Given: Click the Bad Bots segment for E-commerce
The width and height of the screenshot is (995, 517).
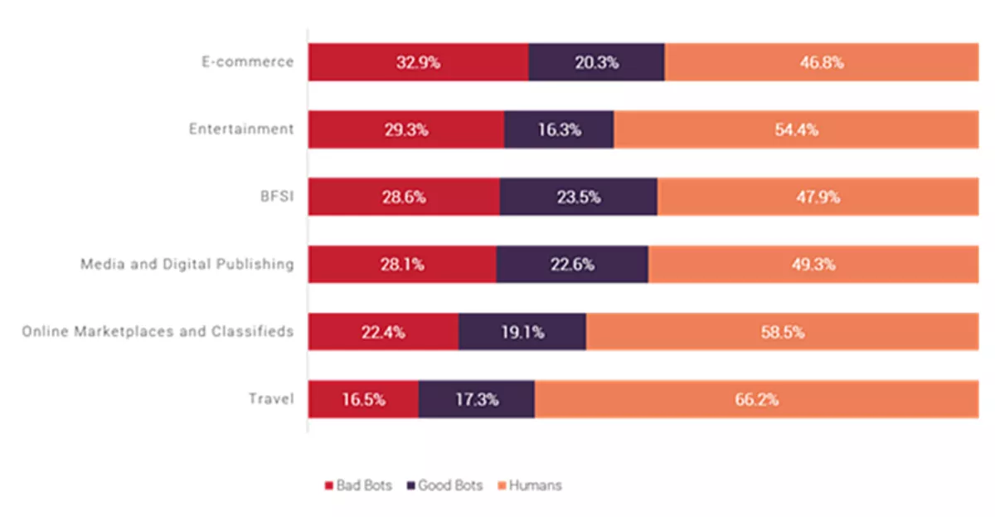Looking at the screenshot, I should [x=418, y=62].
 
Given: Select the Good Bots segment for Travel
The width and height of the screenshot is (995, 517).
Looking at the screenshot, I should [x=476, y=399].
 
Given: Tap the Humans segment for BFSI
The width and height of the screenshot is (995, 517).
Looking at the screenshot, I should [x=818, y=198].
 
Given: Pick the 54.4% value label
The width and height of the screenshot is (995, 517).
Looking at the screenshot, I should [x=797, y=129].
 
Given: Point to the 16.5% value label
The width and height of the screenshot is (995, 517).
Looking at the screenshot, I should [x=363, y=399].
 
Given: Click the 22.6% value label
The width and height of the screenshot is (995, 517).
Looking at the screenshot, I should [x=572, y=265].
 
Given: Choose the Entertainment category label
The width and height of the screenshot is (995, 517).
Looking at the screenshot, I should [x=241, y=129].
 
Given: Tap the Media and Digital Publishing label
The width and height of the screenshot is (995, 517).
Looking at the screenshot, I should [x=187, y=265].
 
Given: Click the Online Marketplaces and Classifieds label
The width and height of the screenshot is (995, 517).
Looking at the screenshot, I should [x=158, y=332].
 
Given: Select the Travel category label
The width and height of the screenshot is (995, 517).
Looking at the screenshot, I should [x=271, y=399].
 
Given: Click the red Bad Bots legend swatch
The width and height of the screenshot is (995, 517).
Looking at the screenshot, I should [x=328, y=485].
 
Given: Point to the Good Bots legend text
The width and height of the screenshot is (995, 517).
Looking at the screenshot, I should [x=450, y=485].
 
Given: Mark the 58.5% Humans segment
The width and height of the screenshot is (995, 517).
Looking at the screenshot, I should [x=782, y=332].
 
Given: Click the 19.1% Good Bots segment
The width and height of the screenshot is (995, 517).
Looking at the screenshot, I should [x=522, y=332].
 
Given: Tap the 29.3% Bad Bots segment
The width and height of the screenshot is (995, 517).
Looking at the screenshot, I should [x=406, y=129].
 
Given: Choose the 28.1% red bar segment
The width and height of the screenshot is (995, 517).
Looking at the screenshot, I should [x=402, y=265].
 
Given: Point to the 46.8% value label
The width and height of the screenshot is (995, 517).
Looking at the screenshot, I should [x=821, y=62].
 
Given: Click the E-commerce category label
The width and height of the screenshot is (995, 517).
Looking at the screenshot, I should [x=248, y=62].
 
